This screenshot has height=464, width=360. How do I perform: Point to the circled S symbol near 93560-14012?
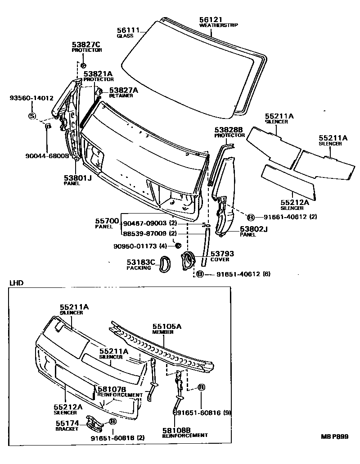[32, 116]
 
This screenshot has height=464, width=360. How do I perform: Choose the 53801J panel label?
[77, 178]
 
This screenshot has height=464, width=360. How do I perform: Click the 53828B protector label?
[229, 130]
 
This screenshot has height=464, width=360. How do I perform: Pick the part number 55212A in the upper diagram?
[294, 203]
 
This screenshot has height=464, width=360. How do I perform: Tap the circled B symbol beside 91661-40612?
[251, 217]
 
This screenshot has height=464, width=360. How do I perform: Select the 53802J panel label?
[253, 229]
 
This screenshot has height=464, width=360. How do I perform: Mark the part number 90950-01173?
[139, 246]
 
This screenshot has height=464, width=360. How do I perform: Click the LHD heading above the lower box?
[16, 283]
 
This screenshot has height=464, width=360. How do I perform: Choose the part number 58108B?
[176, 430]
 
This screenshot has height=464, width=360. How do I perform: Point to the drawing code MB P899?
[334, 437]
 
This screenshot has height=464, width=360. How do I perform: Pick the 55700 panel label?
[107, 221]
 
